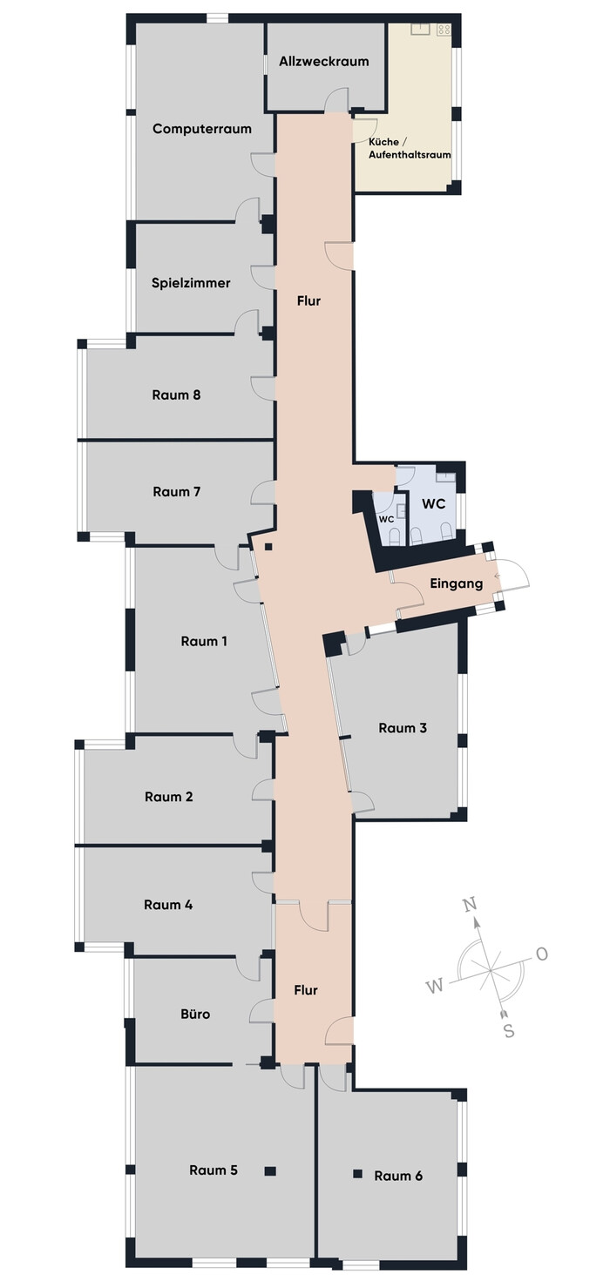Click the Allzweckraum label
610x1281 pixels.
324,62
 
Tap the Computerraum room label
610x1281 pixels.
202,129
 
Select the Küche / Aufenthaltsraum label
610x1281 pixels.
410,148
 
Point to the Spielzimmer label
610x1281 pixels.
191,283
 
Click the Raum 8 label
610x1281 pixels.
176,395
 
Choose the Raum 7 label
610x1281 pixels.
177,492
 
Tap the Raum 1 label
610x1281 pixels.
204,642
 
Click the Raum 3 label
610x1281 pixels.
403,728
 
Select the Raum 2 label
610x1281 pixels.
169,797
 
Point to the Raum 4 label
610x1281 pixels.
168,905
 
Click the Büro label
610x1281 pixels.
196,1014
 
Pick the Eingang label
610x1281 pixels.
457,583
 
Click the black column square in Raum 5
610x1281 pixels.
270,1170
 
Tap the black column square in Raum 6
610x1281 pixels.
357,1174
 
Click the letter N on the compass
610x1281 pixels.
470,905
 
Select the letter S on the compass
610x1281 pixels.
509,1031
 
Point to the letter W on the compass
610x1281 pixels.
436,986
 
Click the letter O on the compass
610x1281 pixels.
542,954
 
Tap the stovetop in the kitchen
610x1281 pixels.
444,29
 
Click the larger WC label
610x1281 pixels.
434,504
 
